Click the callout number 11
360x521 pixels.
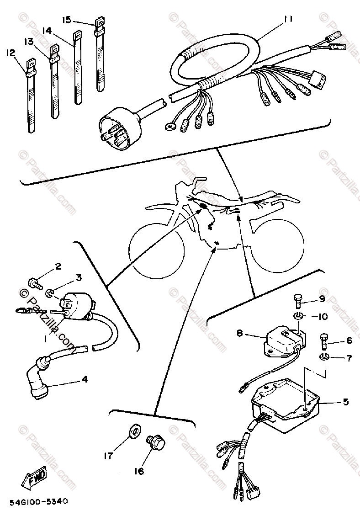pyautogui.click(x=287, y=19)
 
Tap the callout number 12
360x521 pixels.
pyautogui.click(x=9, y=53)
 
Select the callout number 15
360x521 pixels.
pyautogui.click(x=67, y=20)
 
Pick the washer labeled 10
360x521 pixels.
pyautogui.click(x=297, y=316)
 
